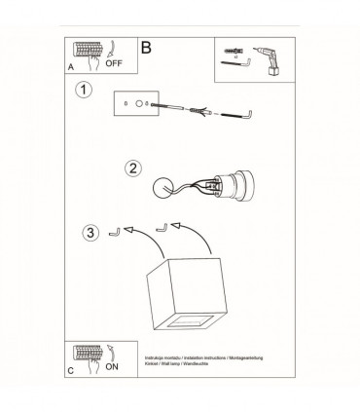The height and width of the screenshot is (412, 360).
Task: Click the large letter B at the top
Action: [x=146, y=46]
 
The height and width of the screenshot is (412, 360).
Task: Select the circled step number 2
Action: [x=133, y=168]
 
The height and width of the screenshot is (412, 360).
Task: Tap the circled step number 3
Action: [x=90, y=233]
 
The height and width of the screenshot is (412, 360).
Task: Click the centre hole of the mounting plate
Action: [x=139, y=103]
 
